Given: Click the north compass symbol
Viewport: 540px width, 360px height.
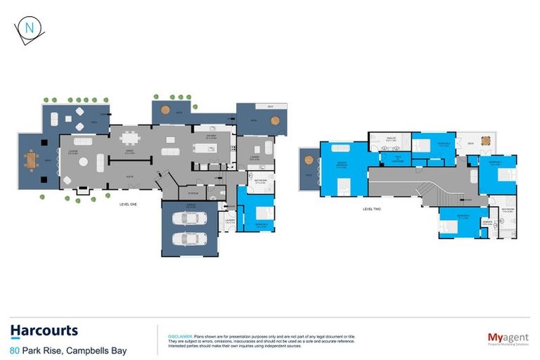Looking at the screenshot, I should click(29, 29).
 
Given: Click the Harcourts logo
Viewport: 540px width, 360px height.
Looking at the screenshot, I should click(44, 331).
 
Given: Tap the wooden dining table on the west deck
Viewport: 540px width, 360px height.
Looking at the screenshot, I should click(30, 161).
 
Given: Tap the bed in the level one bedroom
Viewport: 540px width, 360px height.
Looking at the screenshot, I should click(260, 214).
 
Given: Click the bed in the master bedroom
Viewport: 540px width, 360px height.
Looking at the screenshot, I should click(344, 186).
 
